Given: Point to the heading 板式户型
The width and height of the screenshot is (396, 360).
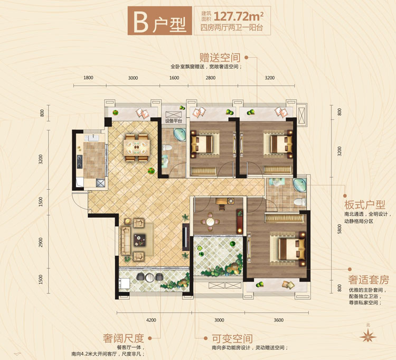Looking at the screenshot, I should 364,205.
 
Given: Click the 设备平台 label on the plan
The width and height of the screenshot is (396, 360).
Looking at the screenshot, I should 173,121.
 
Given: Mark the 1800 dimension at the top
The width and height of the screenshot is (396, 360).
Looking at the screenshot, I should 88,78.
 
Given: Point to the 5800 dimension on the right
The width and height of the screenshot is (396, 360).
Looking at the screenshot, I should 341,231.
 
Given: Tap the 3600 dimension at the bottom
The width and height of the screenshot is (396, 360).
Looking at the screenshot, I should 279,320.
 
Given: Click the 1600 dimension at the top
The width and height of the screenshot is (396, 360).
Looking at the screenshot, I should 175,78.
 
